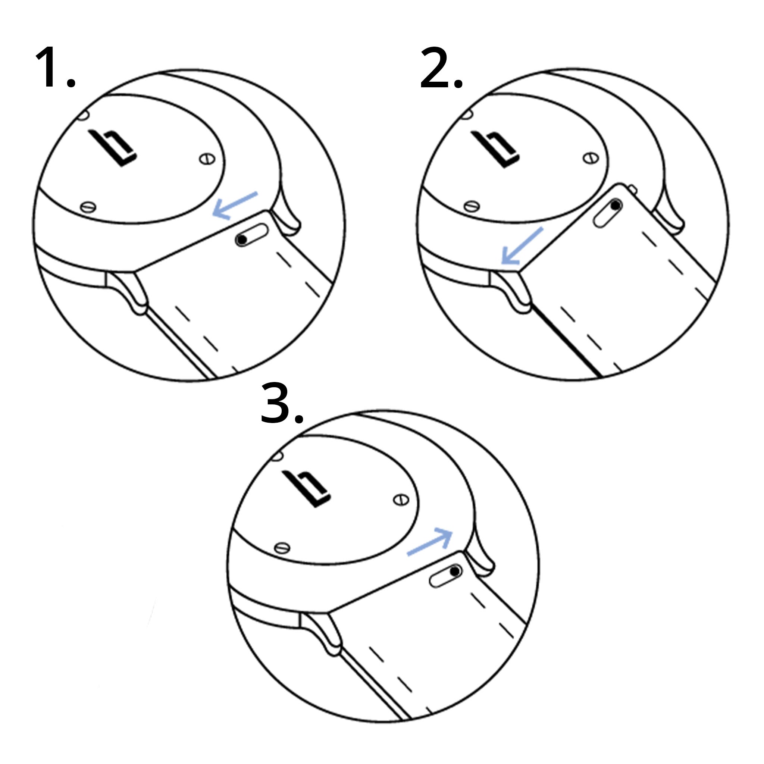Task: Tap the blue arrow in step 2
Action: click(521, 246)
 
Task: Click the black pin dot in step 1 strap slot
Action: click(241, 239)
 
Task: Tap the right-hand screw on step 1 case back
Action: click(207, 159)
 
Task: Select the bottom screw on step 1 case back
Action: click(88, 207)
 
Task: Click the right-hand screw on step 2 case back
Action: click(591, 159)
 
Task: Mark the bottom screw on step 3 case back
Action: click(282, 548)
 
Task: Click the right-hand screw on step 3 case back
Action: click(401, 500)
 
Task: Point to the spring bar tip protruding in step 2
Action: click(632, 190)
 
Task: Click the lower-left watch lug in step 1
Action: click(131, 293)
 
